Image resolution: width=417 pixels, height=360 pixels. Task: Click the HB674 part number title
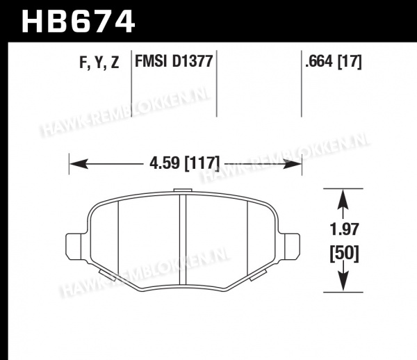[79, 21]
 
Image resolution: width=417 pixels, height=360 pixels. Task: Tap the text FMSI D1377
[174, 61]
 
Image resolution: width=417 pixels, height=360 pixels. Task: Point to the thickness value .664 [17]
[334, 62]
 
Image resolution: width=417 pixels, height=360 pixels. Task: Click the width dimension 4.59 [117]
[185, 163]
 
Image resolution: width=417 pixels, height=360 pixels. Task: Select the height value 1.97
[345, 229]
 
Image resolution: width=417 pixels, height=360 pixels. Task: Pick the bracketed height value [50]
[345, 254]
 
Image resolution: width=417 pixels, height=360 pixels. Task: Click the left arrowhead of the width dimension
[79, 163]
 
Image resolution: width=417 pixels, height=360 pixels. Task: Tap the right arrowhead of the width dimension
[293, 163]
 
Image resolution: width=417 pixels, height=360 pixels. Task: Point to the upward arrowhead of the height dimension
[343, 199]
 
